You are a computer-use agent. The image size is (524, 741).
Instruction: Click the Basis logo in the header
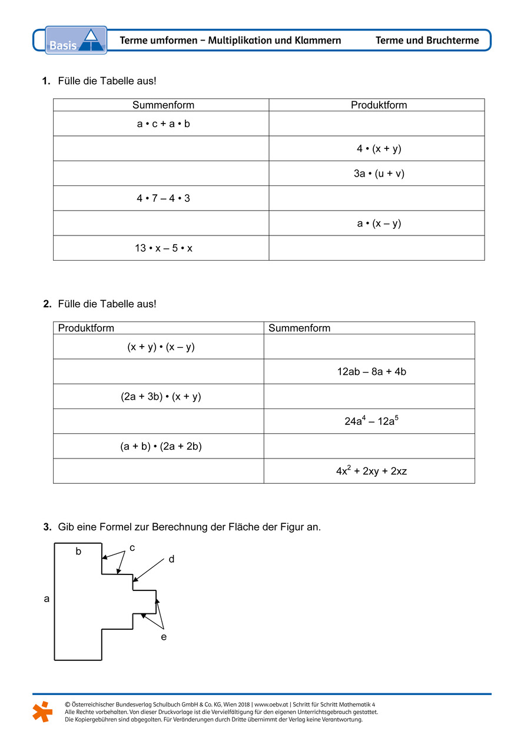click(76, 40)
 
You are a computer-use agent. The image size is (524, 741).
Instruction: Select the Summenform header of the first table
click(163, 105)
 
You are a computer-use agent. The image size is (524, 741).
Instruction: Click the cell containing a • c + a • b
click(163, 124)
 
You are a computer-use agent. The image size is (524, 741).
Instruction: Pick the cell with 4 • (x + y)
click(379, 149)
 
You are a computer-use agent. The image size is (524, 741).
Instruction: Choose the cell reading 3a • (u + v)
click(379, 174)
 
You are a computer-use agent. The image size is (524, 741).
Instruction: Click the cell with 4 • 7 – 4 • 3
click(163, 198)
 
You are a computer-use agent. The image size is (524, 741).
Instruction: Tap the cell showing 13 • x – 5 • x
click(163, 248)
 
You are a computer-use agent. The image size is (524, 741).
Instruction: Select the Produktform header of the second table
click(86, 328)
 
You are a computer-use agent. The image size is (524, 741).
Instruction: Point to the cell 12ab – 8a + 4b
click(372, 372)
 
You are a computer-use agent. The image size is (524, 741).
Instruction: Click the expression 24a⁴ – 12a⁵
click(370, 421)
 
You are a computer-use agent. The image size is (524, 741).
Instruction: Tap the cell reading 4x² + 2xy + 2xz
click(372, 471)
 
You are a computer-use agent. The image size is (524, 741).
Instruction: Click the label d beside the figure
click(171, 559)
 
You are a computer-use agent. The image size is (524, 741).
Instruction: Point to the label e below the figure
click(164, 637)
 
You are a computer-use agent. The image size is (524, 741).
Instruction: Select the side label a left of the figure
click(47, 599)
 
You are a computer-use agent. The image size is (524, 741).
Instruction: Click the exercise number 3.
click(47, 527)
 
